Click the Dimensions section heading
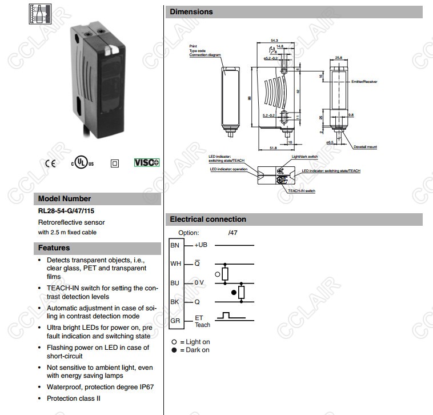pos(191,11)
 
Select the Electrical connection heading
pos(208,219)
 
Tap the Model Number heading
pos(65,199)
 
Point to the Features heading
pos(54,248)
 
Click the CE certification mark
pos(51,163)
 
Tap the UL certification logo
pos(82,162)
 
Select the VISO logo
pos(147,162)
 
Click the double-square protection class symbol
pos(115,163)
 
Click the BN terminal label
pos(175,245)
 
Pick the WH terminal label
pos(175,264)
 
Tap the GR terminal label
pos(175,321)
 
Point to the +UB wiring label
pos(201,245)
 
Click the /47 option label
pos(233,233)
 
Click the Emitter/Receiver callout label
pos(364,82)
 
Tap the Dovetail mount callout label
pos(366,147)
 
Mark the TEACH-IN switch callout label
pos(301,190)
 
